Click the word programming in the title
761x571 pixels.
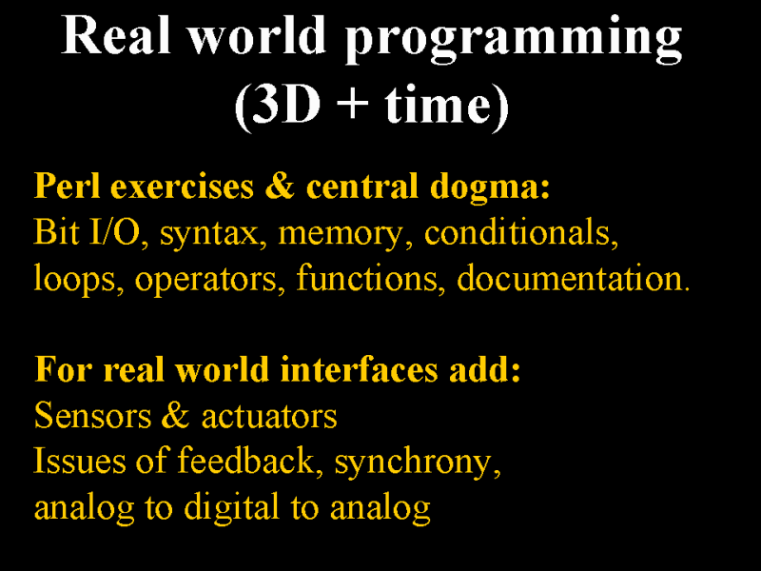514,39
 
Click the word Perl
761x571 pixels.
67,186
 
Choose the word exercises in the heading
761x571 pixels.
182,187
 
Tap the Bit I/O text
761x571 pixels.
87,232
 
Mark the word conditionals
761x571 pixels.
521,232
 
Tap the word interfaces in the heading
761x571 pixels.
360,370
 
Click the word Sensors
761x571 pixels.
92,416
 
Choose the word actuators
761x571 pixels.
269,417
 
